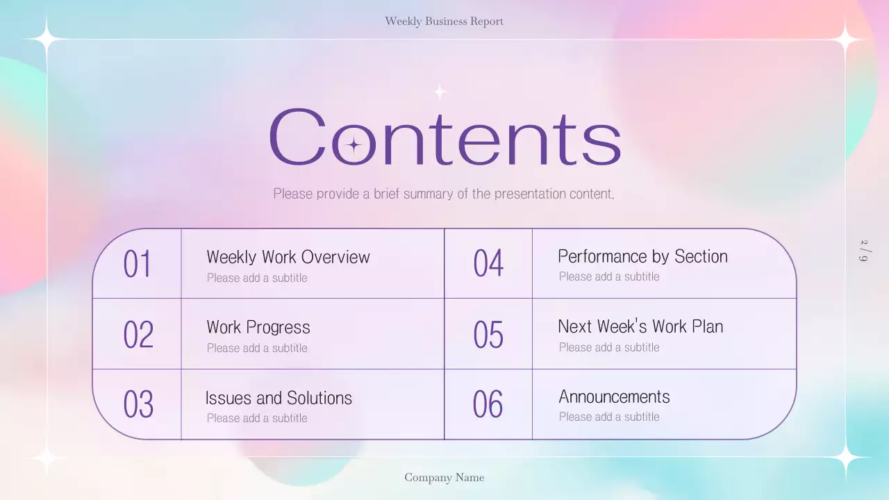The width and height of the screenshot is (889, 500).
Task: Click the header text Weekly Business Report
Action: coord(444,22)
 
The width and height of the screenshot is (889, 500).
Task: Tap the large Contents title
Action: coord(444,137)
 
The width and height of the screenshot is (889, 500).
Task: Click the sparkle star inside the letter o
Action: coord(354,145)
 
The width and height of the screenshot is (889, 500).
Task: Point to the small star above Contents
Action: coord(440,92)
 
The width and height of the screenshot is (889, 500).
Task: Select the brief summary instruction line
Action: coord(444,194)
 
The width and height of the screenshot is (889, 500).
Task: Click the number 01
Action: coord(137,265)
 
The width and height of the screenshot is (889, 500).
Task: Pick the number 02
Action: coord(138,335)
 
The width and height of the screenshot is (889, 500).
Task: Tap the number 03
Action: coord(138,405)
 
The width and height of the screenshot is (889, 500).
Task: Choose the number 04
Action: coord(488,264)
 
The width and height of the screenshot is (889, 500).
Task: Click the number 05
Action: coord(488,335)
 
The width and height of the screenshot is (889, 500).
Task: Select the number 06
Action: coord(488,404)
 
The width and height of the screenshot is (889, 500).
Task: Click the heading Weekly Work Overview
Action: coord(288,257)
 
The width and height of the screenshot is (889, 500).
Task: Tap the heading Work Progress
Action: coord(258,327)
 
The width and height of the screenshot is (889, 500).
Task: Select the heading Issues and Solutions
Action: coord(279,398)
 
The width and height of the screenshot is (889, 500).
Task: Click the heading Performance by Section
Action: coord(642,256)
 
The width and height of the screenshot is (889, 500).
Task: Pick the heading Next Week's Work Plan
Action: coord(640,326)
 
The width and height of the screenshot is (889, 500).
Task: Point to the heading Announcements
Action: coord(614,397)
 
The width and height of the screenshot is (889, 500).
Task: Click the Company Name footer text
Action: coord(444,478)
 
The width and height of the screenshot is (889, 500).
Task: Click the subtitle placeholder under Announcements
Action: coord(609,417)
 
